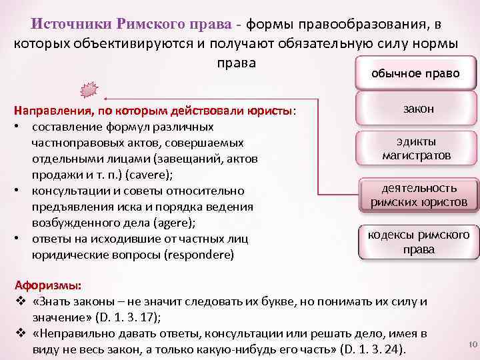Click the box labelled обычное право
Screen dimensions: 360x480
pos(415,73)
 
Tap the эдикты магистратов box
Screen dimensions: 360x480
pos(417,149)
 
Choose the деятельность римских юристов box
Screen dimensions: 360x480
pos(419,195)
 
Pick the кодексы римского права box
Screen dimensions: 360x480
pos(419,242)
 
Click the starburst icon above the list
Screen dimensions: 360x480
pos(88,89)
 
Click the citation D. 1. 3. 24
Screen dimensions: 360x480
pos(371,349)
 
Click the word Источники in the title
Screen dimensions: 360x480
pos(73,25)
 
